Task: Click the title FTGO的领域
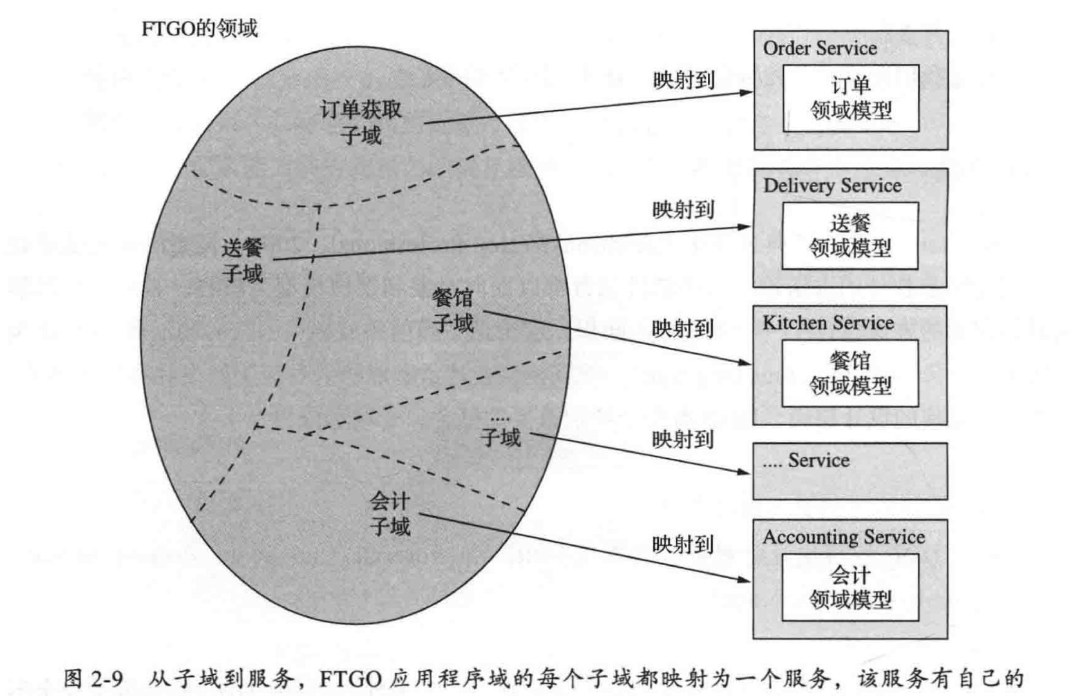point(199,28)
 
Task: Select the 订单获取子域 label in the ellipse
point(361,122)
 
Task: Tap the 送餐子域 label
point(242,260)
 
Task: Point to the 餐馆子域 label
point(453,310)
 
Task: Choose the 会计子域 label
point(390,514)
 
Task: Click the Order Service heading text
point(819,48)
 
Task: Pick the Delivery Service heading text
point(831,186)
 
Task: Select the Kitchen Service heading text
point(828,323)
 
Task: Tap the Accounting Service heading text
point(843,537)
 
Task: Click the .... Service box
point(849,471)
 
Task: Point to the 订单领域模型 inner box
point(851,98)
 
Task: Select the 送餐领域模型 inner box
point(849,236)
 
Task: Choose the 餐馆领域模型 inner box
point(849,373)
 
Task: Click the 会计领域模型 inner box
point(849,587)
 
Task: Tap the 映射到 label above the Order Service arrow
point(683,81)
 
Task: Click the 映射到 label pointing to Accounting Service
point(683,545)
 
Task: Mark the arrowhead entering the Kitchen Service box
point(745,363)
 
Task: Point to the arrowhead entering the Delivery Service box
point(745,227)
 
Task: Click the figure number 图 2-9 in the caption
point(93,679)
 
